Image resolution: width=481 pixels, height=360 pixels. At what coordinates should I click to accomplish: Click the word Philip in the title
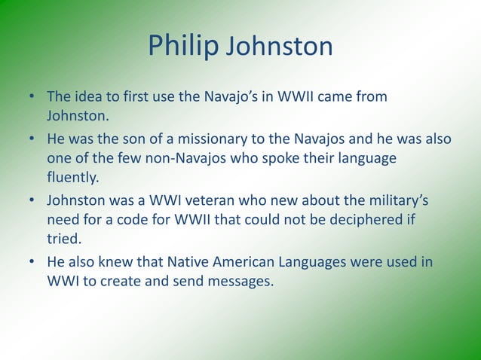pos(181,46)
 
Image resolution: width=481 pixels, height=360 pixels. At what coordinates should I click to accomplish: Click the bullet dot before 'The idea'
pos(32,97)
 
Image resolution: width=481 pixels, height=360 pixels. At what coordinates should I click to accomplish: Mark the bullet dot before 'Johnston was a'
pos(32,201)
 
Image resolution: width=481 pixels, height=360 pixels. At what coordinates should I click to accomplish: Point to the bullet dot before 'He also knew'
pos(32,263)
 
